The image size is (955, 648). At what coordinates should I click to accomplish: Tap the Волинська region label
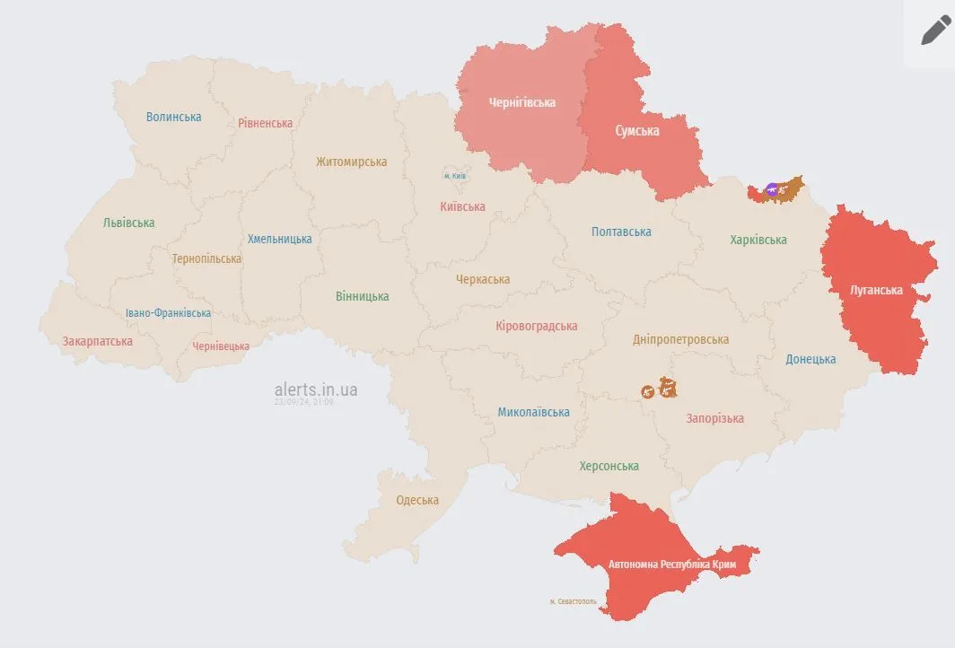click(174, 117)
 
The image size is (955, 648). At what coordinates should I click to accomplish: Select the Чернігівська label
click(521, 102)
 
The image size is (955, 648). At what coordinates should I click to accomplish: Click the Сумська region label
click(636, 131)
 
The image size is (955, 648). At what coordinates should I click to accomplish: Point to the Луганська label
click(876, 290)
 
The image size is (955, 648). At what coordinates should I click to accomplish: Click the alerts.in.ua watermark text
click(316, 390)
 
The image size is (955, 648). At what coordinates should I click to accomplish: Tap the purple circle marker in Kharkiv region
click(772, 189)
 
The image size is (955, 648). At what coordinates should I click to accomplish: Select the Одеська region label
click(417, 500)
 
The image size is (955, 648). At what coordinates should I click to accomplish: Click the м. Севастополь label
click(573, 601)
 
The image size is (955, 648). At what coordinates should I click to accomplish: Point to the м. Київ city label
click(455, 176)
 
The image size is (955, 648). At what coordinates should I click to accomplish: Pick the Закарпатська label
click(97, 341)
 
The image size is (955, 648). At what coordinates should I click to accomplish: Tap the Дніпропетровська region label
click(680, 339)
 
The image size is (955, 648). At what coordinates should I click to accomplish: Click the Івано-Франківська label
click(168, 313)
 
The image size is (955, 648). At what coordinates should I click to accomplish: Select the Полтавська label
click(621, 232)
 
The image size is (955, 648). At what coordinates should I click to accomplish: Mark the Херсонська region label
click(609, 466)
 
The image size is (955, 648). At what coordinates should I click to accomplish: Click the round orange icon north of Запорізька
click(648, 391)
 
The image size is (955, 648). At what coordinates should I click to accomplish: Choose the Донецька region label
click(810, 359)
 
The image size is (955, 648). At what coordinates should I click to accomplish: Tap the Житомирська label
click(351, 162)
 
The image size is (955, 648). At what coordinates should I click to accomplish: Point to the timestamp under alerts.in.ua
click(303, 402)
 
